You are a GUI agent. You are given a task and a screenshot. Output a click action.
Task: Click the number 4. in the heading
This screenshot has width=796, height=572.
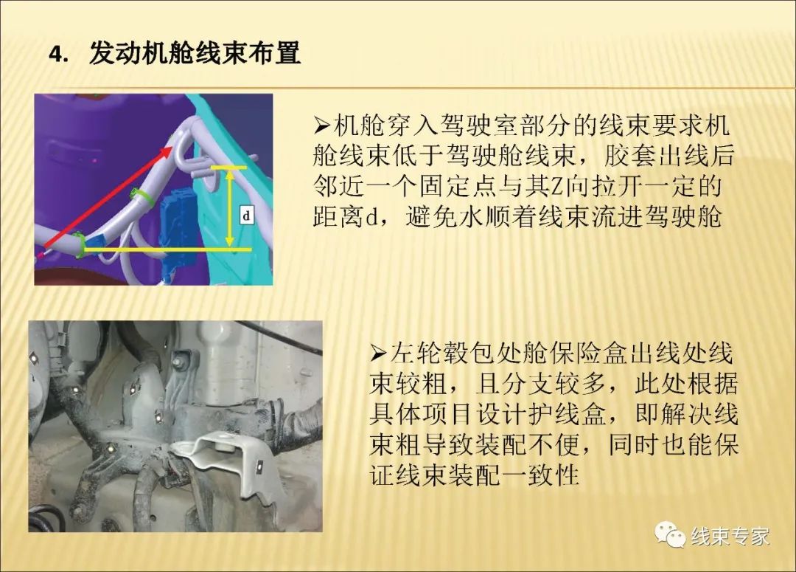[58, 55]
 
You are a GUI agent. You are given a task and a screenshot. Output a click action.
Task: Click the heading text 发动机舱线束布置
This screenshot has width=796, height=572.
[195, 53]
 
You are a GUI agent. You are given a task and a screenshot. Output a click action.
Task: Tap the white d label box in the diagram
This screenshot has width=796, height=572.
[247, 216]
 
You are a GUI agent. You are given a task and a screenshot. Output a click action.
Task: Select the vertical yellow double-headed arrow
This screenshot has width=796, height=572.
[229, 208]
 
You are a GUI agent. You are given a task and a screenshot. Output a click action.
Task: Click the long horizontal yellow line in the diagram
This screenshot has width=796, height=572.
[167, 249]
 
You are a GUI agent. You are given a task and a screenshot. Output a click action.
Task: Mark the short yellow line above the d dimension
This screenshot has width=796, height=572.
[228, 167]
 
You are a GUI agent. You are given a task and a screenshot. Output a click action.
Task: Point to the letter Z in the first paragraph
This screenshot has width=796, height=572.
[557, 187]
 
